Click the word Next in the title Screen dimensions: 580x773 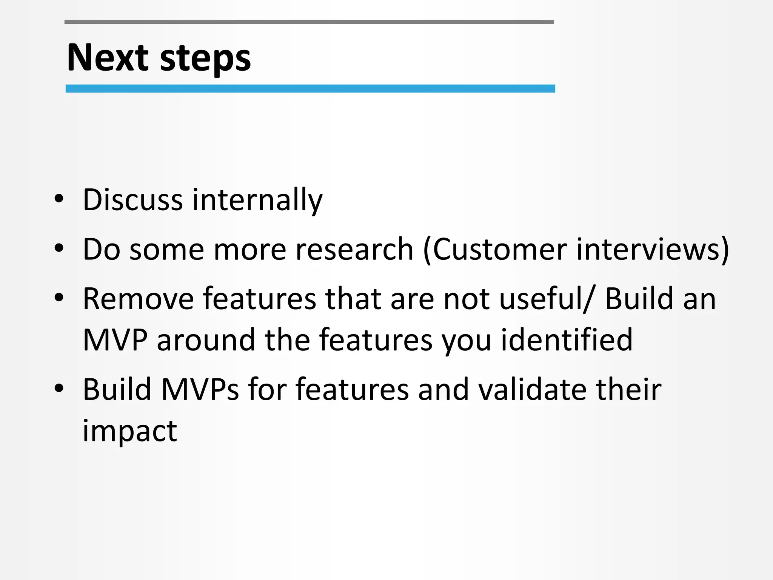[x=108, y=58]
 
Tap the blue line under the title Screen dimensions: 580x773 [x=310, y=89]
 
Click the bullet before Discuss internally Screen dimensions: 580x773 [x=59, y=199]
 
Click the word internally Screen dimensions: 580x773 [x=257, y=200]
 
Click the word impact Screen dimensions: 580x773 [x=129, y=431]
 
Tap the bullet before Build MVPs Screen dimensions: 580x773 [x=59, y=389]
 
